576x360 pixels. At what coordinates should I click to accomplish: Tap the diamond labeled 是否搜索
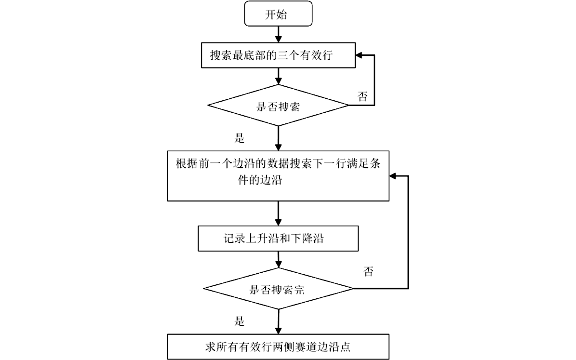[x=278, y=106]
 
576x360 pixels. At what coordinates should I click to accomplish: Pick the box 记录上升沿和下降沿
[x=278, y=239]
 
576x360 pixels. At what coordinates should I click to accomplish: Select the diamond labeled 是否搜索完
[x=278, y=289]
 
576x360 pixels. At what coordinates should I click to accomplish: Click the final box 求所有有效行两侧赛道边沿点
[x=278, y=346]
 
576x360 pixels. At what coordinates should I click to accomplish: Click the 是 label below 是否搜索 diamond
[x=240, y=139]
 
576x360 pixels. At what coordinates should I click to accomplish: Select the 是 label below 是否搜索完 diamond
[x=240, y=321]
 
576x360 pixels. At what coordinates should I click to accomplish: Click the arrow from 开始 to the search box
[x=279, y=34]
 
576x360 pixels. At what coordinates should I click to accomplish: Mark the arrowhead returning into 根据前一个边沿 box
[x=393, y=176]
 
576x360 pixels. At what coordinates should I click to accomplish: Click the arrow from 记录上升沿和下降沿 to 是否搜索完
[x=279, y=259]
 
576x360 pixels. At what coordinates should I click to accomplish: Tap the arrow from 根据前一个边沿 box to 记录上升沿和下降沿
[x=279, y=213]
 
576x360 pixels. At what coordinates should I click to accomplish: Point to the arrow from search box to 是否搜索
[x=279, y=75]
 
